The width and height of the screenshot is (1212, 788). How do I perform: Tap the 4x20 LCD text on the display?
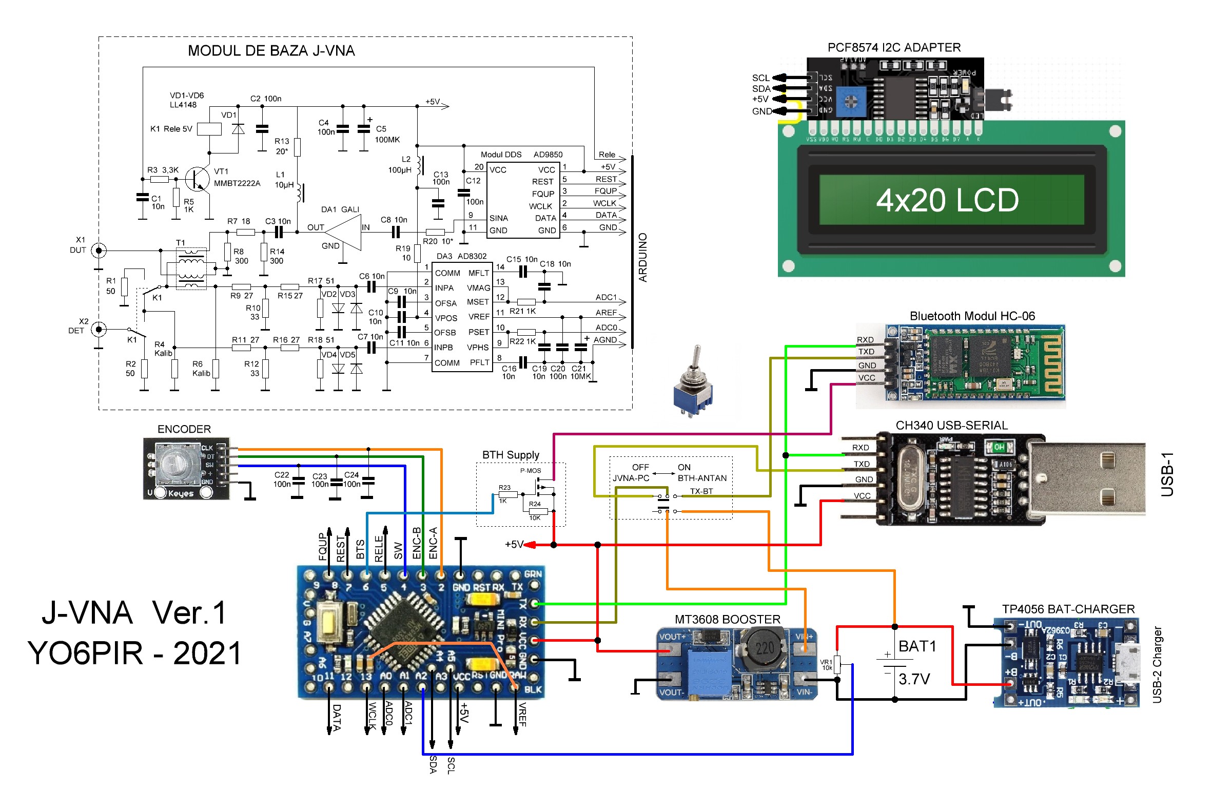947,200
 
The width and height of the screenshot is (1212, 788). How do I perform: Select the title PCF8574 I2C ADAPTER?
893,48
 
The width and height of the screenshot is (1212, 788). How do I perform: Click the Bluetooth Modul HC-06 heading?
972,316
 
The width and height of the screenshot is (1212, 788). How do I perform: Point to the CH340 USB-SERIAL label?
951,426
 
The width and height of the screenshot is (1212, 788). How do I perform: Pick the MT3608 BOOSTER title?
727,620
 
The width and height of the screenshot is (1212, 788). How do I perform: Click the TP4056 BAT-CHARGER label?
1068,609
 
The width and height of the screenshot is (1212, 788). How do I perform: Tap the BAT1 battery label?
917,646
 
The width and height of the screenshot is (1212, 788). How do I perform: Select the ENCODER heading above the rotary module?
184,429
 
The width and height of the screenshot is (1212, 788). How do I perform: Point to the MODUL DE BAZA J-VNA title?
271,51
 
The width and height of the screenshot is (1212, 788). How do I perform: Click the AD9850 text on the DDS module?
548,155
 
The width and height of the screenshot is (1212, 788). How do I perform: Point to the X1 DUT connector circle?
99,251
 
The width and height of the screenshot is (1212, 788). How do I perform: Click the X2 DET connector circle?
99,329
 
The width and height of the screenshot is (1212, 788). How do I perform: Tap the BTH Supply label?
510,455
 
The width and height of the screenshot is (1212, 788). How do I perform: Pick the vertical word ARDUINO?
642,257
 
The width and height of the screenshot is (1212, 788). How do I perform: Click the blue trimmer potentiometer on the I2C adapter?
850,101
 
